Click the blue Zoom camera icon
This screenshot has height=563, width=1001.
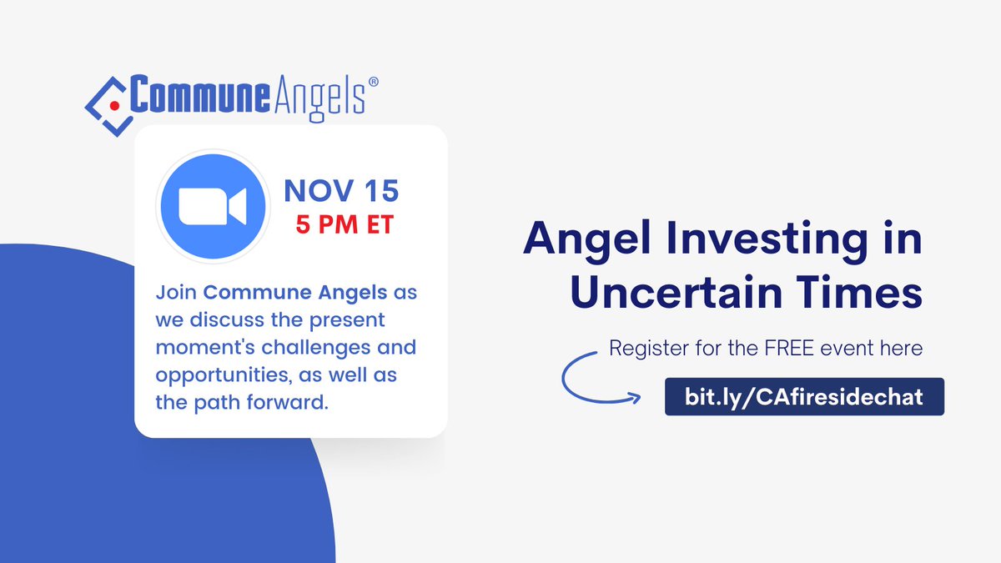(x=212, y=206)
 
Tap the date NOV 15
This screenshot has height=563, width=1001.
(x=341, y=190)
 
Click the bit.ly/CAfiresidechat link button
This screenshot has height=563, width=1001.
(x=804, y=396)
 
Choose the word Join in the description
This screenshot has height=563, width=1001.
(x=176, y=293)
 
